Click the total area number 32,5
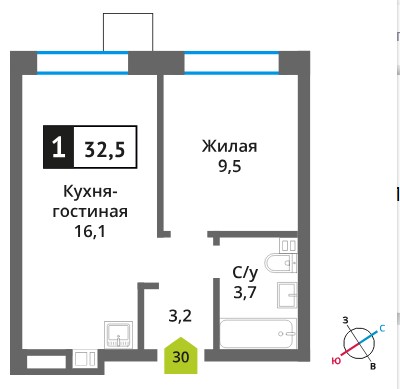(x=105, y=149)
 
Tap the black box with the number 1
(x=59, y=147)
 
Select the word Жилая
(x=229, y=146)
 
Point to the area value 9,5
(x=230, y=166)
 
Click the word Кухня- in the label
(x=90, y=192)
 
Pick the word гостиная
(x=90, y=212)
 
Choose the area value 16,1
(x=90, y=231)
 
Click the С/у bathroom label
(x=245, y=273)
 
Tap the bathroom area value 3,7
(x=245, y=292)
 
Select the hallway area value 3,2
(x=180, y=316)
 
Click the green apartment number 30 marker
(x=181, y=355)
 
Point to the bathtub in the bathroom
(x=258, y=334)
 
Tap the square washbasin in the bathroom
(x=287, y=295)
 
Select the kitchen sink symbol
(x=118, y=335)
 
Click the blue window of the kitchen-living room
(x=82, y=62)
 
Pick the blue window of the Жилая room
(x=231, y=62)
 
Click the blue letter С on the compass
(x=382, y=328)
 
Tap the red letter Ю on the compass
(x=336, y=360)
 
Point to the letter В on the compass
(x=373, y=366)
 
